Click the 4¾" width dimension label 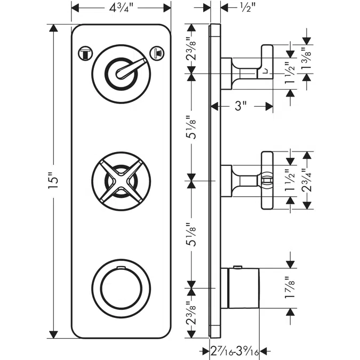point(121,9)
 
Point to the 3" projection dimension point(241,107)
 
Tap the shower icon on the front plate point(157,52)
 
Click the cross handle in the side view point(266,181)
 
